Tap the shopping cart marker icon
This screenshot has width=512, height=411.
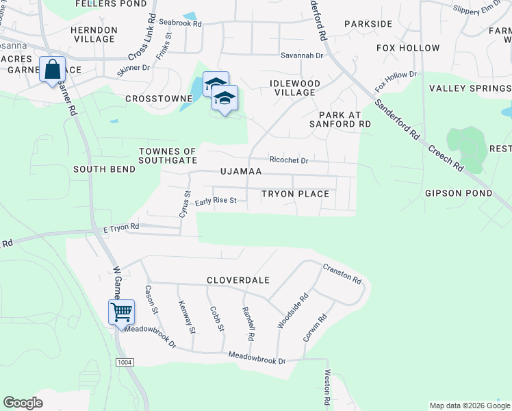(121, 312)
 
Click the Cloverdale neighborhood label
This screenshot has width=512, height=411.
(239, 280)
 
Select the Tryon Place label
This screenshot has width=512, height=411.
(295, 194)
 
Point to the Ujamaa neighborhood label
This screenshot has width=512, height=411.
(241, 171)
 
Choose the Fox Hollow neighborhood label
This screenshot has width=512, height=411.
(408, 48)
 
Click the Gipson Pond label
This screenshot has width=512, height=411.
(458, 194)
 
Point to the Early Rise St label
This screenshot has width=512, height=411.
(215, 201)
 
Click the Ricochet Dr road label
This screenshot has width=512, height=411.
(289, 160)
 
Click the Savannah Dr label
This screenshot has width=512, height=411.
(301, 55)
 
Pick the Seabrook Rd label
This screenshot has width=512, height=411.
(181, 23)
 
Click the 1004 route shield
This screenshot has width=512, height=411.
(125, 362)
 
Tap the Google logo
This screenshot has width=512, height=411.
(23, 403)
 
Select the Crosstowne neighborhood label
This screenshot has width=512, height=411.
(159, 99)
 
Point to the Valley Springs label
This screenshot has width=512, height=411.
(470, 88)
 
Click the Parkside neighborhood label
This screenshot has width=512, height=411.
(368, 24)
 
